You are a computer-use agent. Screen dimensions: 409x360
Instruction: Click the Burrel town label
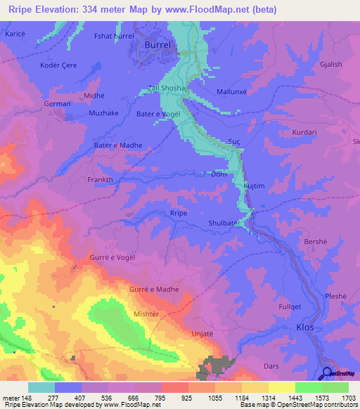pos(157,44)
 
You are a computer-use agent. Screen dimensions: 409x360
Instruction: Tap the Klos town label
pos(304,327)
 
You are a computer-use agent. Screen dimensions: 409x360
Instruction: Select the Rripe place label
pos(179,213)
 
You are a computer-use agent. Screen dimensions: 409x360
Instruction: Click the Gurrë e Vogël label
pos(110,258)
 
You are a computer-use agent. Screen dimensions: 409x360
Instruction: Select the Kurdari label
pos(306,132)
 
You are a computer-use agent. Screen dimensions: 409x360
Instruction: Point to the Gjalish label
pos(330,64)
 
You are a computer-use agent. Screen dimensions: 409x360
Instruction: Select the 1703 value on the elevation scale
pos(349,398)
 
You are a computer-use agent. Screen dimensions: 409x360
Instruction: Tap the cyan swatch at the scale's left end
pos(41,388)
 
